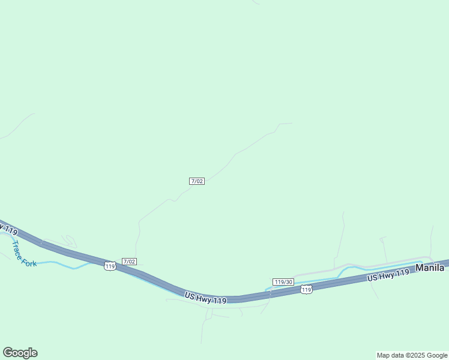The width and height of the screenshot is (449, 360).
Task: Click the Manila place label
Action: tap(430, 268)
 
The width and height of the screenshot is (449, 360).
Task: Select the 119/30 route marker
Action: tap(283, 282)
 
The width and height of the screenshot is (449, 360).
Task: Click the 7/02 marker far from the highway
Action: tap(197, 181)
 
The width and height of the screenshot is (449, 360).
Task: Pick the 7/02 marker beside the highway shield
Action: tap(129, 262)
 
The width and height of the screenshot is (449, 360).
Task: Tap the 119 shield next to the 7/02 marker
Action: tap(109, 266)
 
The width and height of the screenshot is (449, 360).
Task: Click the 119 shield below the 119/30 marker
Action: tap(306, 290)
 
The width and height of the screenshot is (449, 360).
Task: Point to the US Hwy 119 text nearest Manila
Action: tap(388, 275)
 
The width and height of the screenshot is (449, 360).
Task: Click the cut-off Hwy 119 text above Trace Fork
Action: tap(8, 229)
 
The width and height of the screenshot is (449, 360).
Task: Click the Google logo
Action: tap(20, 353)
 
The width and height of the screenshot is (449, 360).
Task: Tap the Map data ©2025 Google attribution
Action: tap(412, 355)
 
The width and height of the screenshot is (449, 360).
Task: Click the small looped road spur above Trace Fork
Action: tap(69, 241)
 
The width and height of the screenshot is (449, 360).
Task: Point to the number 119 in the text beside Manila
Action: tap(402, 272)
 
